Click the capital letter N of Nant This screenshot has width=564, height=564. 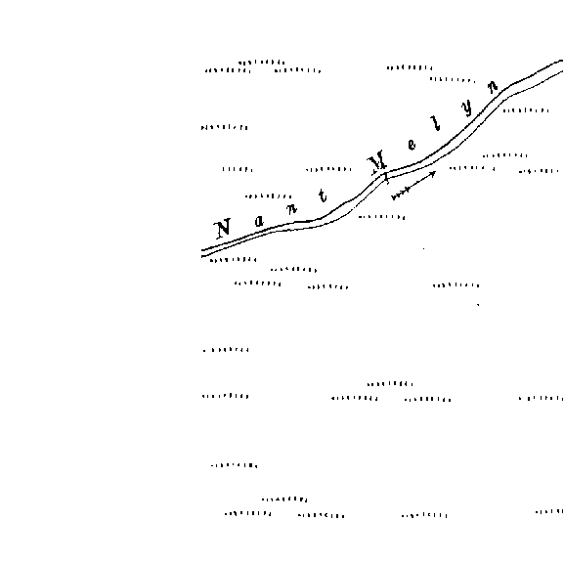pos(223,229)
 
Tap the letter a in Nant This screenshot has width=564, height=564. pos(259,221)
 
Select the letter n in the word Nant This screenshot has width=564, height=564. pos(291,208)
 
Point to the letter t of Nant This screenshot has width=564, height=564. pos(323,196)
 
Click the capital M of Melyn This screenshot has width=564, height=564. pos(377,163)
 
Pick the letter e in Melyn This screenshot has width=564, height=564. pos(412,145)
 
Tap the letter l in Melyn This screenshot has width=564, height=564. pos(436,123)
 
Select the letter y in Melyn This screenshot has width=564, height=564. pos(467,108)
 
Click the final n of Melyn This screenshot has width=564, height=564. pos(493,87)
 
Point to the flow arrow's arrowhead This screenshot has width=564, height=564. pos(434,173)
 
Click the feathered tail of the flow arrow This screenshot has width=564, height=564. pos(399,195)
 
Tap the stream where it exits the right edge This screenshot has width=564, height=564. pos(562,66)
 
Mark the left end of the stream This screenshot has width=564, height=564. pos(202,253)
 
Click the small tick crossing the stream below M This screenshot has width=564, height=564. pos(386,177)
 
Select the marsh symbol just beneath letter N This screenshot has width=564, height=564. pos(233,260)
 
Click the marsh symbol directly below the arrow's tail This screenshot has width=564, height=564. pos(381,217)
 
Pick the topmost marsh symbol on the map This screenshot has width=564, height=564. pos(262,63)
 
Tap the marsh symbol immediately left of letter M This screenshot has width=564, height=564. pos(328,169)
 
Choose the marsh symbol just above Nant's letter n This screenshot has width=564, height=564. pos(269,196)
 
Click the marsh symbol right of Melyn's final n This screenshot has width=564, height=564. pos(526,110)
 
